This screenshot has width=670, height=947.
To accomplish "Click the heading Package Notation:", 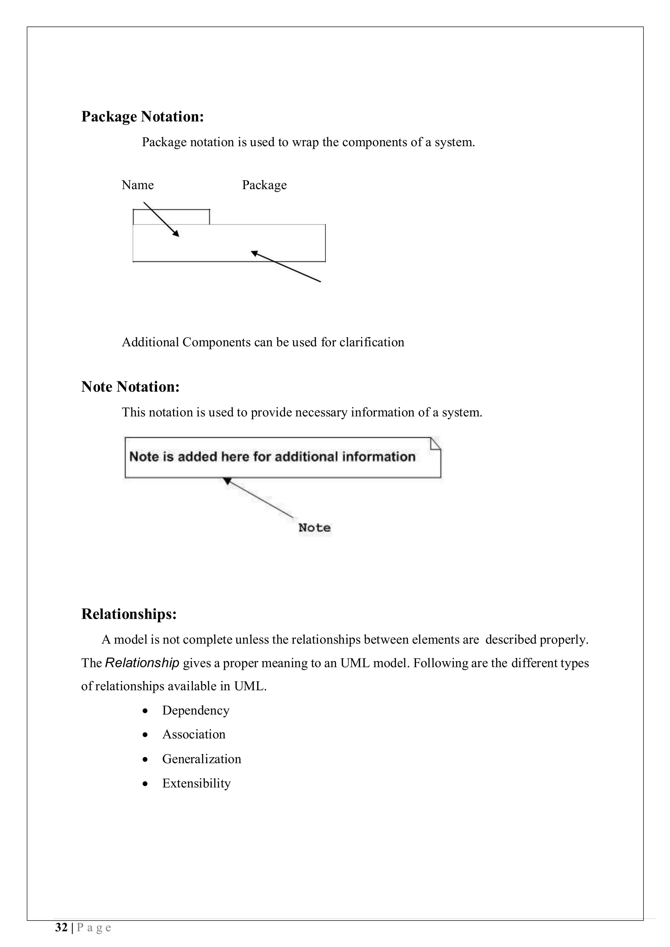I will (x=142, y=117).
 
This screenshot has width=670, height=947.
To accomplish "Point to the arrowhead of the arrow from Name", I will (x=176, y=234).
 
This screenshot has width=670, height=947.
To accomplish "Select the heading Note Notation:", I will (x=131, y=387).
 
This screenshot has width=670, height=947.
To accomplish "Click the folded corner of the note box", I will (x=435, y=443).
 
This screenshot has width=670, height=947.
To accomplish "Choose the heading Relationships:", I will (x=129, y=614).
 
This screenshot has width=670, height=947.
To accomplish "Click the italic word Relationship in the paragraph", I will (x=142, y=663).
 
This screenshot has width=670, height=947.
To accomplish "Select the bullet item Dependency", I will (x=196, y=710).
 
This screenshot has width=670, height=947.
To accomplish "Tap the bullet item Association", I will (x=194, y=734).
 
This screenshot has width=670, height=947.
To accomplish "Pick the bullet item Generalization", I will (x=202, y=759).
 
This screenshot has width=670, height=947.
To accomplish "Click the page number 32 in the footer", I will (x=61, y=928).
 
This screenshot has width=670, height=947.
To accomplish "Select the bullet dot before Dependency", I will (x=145, y=711).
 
